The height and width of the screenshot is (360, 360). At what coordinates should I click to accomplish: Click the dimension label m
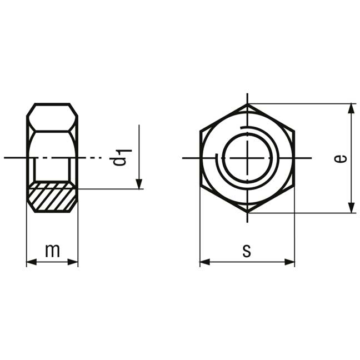[x=53, y=251]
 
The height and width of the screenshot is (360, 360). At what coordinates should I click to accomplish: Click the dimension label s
[x=247, y=251]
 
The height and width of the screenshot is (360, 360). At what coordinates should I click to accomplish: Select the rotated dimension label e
[x=341, y=159]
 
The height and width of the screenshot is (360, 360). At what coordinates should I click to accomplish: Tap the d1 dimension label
[x=122, y=158]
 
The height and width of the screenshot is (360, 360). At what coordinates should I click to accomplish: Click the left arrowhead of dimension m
[x=32, y=262]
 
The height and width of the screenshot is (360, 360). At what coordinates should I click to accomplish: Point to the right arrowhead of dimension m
[x=73, y=262]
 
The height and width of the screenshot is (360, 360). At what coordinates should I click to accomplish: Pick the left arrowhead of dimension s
[x=205, y=262]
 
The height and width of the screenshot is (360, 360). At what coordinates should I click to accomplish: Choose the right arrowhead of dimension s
[x=289, y=262]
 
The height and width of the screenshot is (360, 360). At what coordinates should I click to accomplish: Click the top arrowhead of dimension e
[x=351, y=108]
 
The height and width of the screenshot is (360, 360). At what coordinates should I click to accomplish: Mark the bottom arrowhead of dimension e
[x=351, y=208]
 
